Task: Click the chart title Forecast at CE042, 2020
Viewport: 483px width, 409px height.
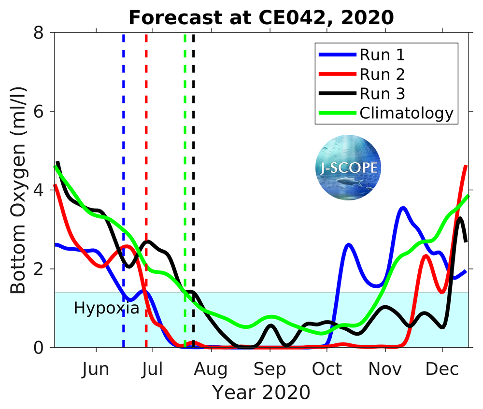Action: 261,17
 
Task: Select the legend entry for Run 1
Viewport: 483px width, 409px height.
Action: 382,55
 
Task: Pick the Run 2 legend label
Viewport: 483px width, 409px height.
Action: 382,74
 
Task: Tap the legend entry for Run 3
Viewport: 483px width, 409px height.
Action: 382,94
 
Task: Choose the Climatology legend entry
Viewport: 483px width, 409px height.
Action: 406,113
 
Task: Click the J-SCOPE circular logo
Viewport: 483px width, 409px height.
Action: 347,167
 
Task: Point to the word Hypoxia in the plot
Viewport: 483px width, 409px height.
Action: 106,308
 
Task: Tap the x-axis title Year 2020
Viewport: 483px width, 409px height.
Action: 261,392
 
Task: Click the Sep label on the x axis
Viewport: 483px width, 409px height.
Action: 270,369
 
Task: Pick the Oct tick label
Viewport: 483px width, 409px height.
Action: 327,369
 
